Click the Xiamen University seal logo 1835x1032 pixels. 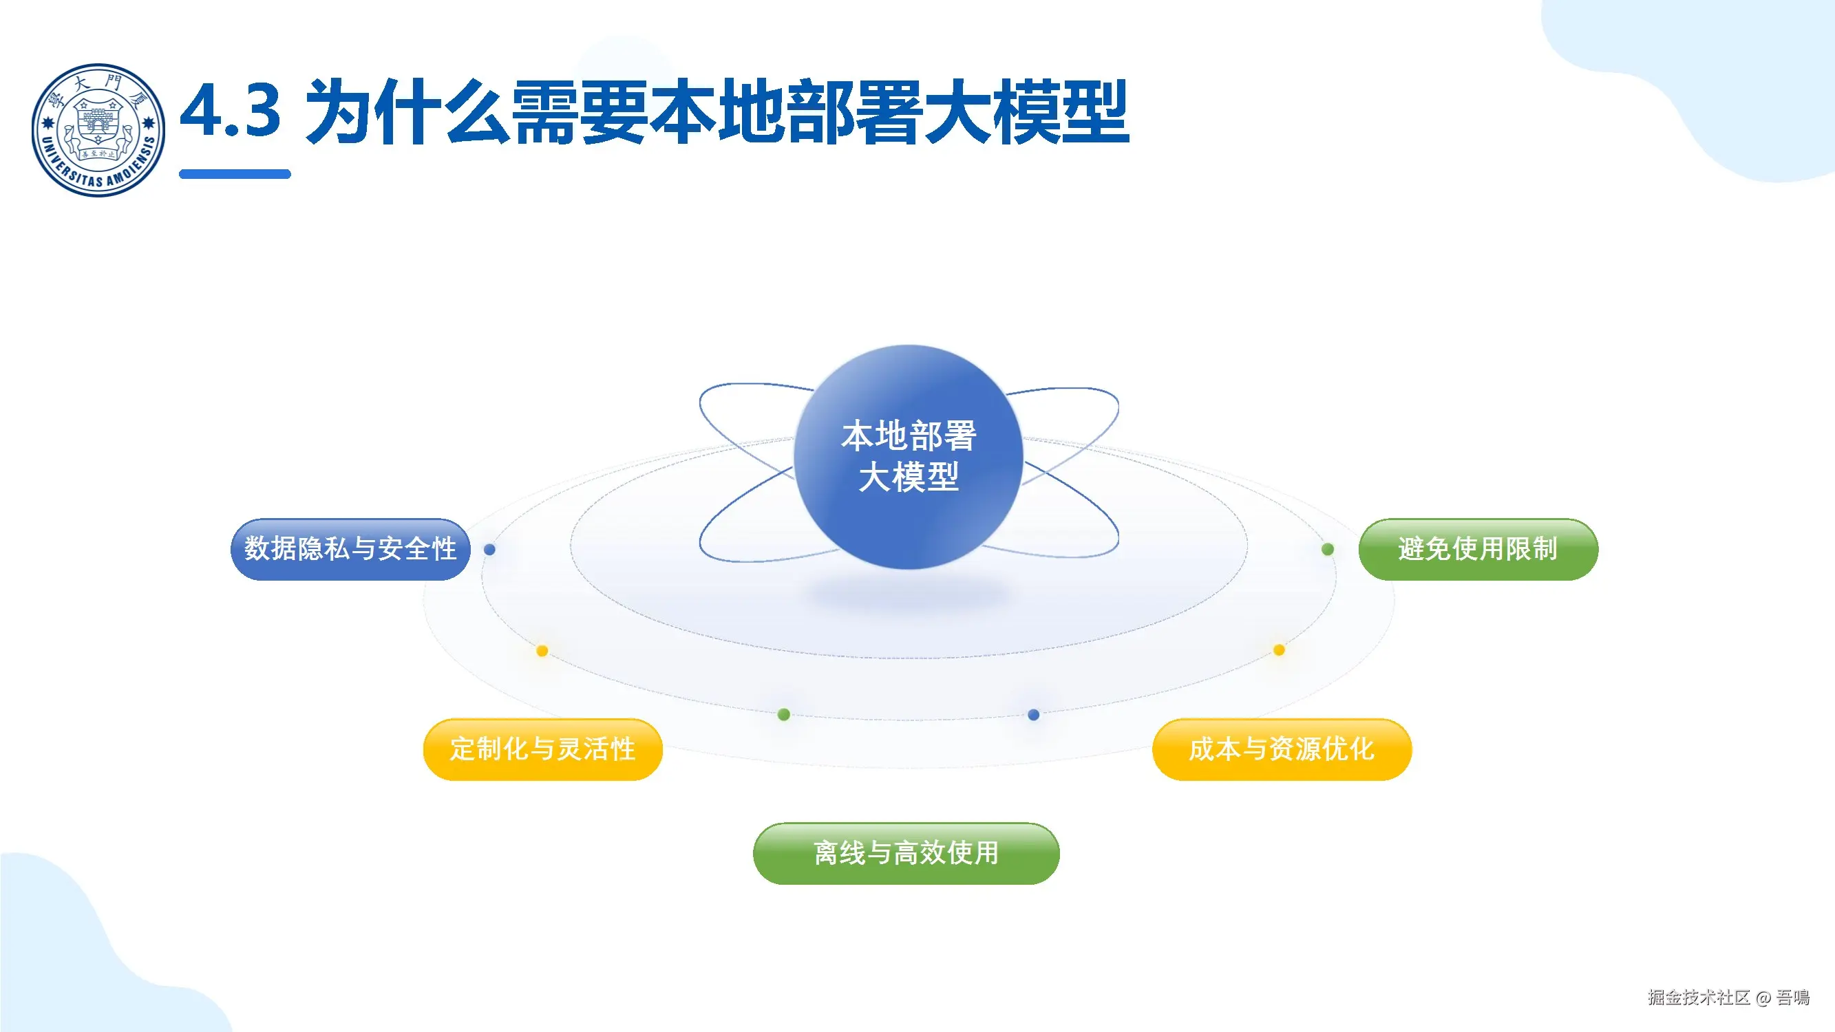coord(98,129)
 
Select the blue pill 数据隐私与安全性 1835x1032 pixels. coord(350,549)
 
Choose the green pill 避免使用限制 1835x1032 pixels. coord(1477,549)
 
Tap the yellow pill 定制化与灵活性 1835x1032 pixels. coord(542,749)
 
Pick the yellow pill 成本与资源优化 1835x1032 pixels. coord(1281,749)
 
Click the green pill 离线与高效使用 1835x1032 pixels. coord(905,853)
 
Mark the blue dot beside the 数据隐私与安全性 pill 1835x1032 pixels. coord(489,549)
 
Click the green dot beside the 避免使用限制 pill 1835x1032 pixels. coord(1328,549)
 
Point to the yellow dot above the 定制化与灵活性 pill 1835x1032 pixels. coord(542,651)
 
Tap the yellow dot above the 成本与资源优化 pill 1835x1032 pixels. coord(1279,649)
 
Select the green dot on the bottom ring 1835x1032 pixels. coord(783,714)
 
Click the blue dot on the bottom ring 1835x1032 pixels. coord(1034,714)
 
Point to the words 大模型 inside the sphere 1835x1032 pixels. coord(909,477)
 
